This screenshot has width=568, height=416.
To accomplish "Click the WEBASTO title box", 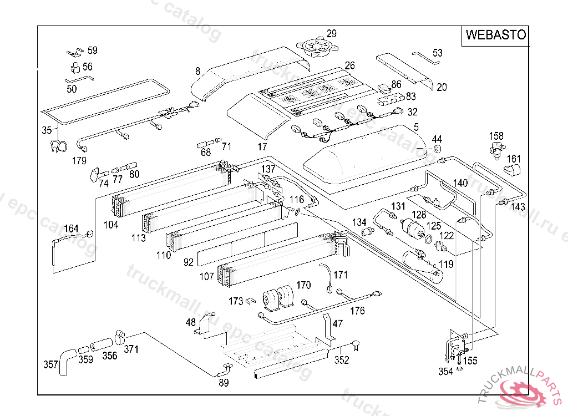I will [x=495, y=35].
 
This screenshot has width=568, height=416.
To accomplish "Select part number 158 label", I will [x=496, y=135].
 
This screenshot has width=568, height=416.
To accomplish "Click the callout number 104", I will [x=111, y=225].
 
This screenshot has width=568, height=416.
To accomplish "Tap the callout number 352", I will [x=342, y=361].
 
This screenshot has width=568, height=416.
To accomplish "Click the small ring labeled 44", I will [x=437, y=150].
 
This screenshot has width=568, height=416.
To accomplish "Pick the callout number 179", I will [x=79, y=161].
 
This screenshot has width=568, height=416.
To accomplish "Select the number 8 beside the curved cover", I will [x=197, y=71].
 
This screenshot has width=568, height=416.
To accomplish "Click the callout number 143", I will [x=518, y=207].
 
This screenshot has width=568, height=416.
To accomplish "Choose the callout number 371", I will [x=131, y=349].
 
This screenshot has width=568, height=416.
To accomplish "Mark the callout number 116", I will [x=297, y=200].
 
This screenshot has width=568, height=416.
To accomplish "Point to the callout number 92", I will [x=189, y=262].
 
